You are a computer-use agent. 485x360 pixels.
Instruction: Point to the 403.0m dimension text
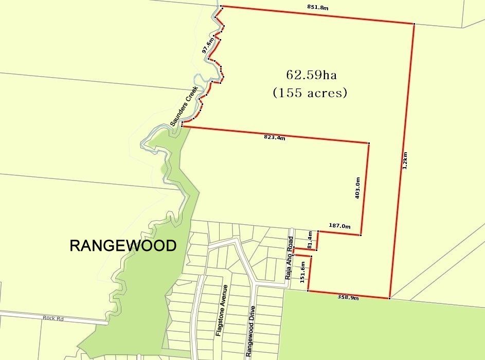coord(357,188)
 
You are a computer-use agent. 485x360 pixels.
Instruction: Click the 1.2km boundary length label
coord(405,160)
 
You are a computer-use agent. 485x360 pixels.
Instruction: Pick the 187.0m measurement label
coord(339,226)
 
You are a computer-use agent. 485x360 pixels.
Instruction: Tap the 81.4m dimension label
coord(310,240)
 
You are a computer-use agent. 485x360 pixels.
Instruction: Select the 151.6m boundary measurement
coord(303,273)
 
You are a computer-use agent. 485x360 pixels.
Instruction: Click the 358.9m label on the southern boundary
coord(348,297)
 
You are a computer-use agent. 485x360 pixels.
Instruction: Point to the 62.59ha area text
coord(311,75)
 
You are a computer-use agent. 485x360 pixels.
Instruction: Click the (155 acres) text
coord(310,93)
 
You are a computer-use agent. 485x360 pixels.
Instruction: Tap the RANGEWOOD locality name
coord(123,246)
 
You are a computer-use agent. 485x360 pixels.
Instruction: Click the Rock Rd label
coord(53,319)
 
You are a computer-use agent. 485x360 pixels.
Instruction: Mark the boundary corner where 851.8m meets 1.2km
coord(414,24)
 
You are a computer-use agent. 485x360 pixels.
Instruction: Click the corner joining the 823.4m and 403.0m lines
coord(369,143)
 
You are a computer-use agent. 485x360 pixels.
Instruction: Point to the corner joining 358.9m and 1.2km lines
coord(390,298)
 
